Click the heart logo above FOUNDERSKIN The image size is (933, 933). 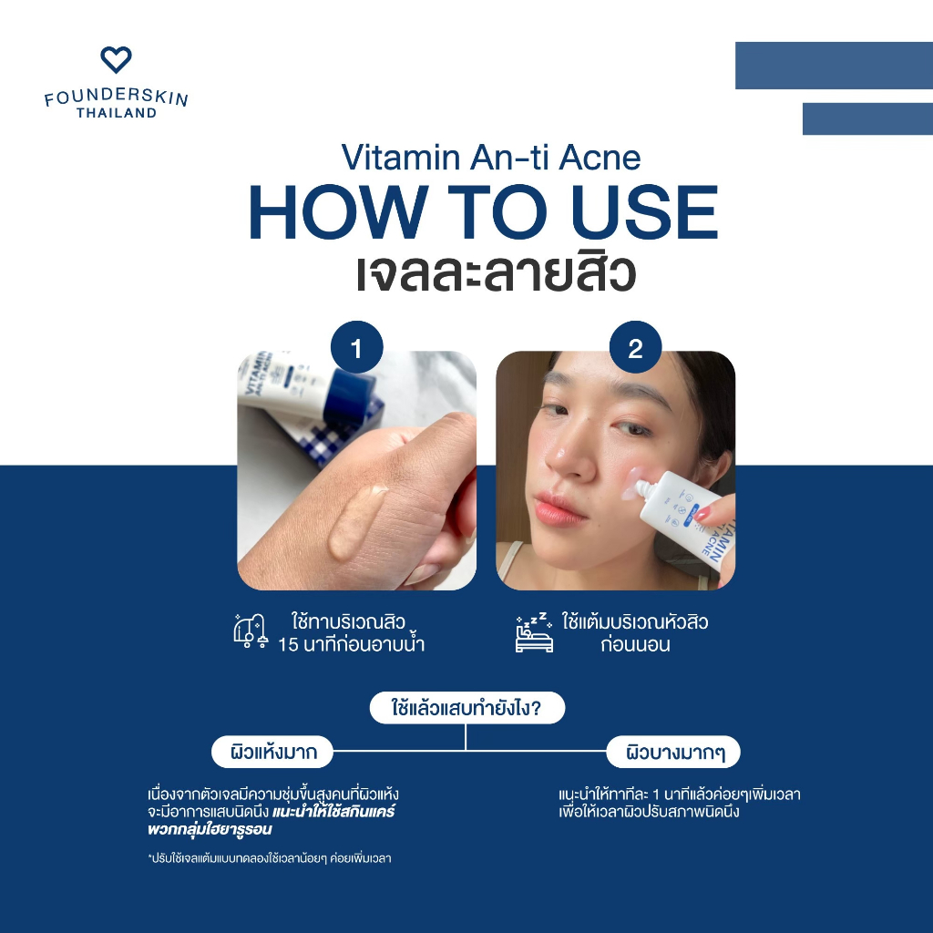pos(116,59)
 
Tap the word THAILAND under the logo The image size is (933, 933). pos(117,112)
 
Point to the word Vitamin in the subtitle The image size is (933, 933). pos(401,158)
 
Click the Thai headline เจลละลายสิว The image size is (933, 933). pos(497,274)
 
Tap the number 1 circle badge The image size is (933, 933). pos(356,347)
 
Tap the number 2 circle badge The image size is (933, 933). pos(635,347)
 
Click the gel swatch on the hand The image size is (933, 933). pos(356,521)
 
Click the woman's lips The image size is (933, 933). pos(559,508)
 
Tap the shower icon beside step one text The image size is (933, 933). pos(250,631)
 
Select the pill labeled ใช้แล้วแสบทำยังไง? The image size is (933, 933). pos(467,708)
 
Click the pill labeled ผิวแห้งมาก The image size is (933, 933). pos(272,752)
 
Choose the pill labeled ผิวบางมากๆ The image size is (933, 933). pos(673,752)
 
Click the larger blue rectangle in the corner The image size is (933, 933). pos(835,66)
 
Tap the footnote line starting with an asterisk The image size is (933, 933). pos(270,858)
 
